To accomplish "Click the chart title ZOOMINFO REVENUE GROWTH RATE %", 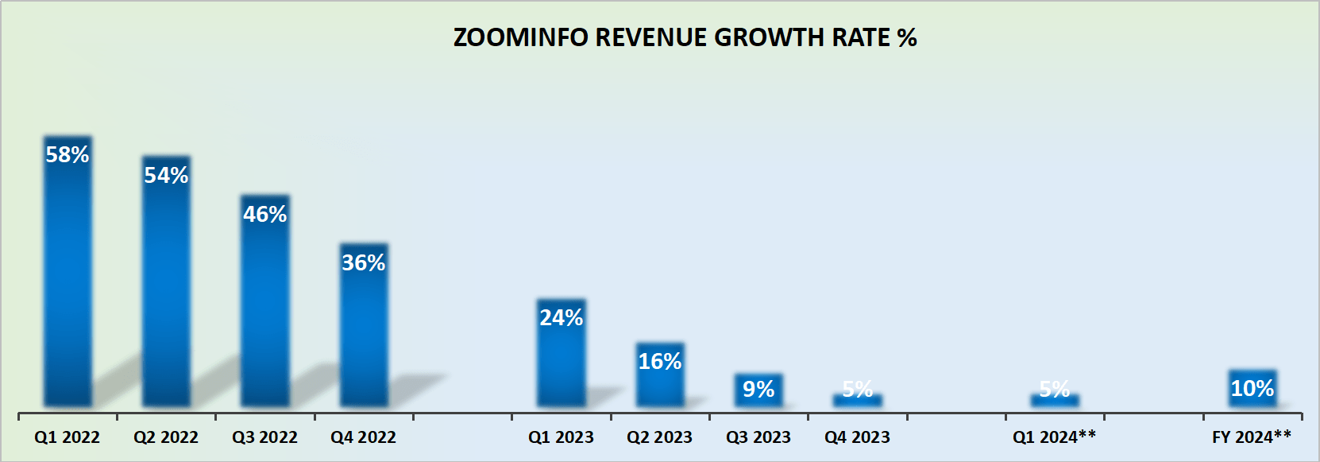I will pyautogui.click(x=685, y=37).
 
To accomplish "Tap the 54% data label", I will pyautogui.click(x=166, y=175).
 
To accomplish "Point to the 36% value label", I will pyautogui.click(x=364, y=262).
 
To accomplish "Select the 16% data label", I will pyautogui.click(x=660, y=362).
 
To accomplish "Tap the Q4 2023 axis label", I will pyautogui.click(x=857, y=437).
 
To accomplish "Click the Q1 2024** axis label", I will pyautogui.click(x=1054, y=437).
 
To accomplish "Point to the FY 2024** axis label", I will pyautogui.click(x=1252, y=437).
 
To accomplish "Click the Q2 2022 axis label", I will pyautogui.click(x=166, y=437).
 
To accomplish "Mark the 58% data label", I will pyautogui.click(x=68, y=154).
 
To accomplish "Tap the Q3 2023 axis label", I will pyautogui.click(x=758, y=437).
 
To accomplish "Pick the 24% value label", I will pyautogui.click(x=562, y=317).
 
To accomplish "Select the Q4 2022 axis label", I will pyautogui.click(x=364, y=437).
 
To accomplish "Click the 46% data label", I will pyautogui.click(x=265, y=214).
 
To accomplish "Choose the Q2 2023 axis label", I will pyautogui.click(x=660, y=437).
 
